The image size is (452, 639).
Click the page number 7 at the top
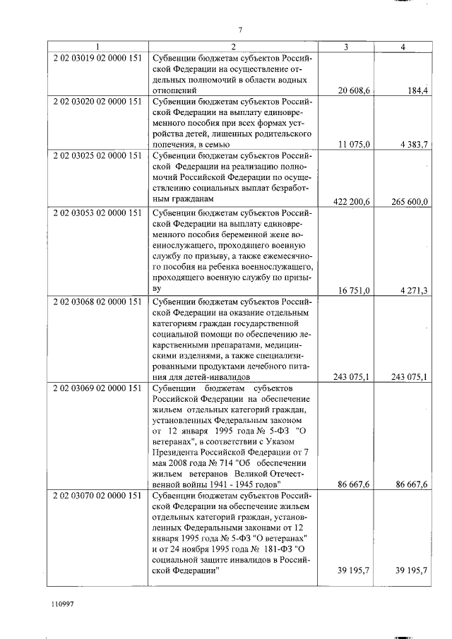coord(241,29)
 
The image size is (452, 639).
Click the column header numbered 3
coord(345,47)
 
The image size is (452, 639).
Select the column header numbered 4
coord(403,47)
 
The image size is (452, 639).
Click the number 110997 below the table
coord(63,606)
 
